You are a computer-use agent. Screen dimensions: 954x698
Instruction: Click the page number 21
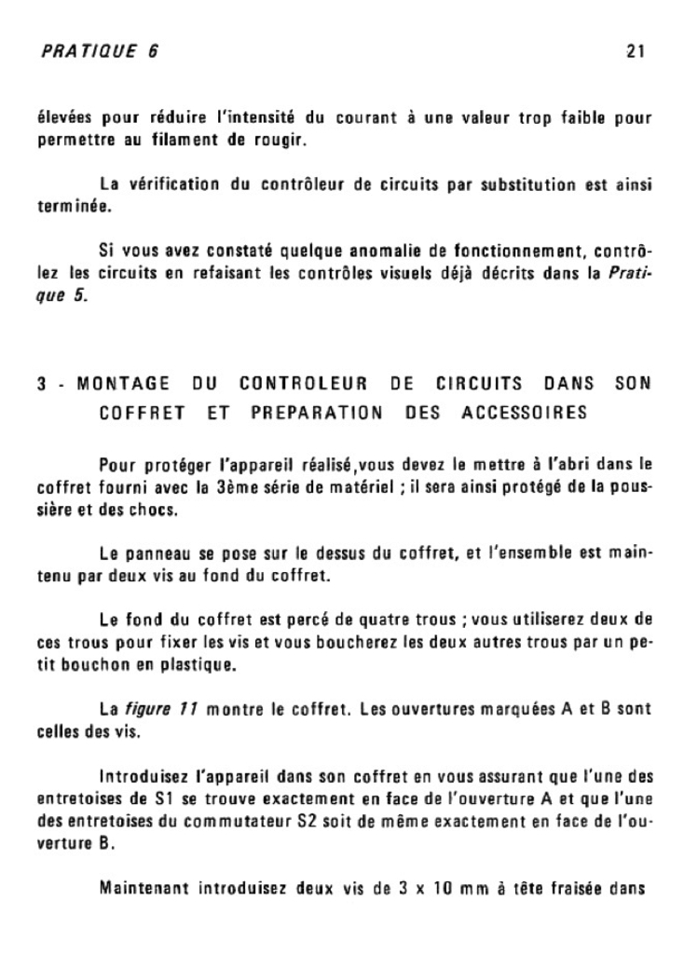(x=636, y=51)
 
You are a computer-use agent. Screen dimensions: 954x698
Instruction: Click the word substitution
(x=525, y=184)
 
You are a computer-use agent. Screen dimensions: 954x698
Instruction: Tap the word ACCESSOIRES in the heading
(x=525, y=411)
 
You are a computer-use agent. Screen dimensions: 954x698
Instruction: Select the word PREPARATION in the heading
(x=318, y=411)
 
